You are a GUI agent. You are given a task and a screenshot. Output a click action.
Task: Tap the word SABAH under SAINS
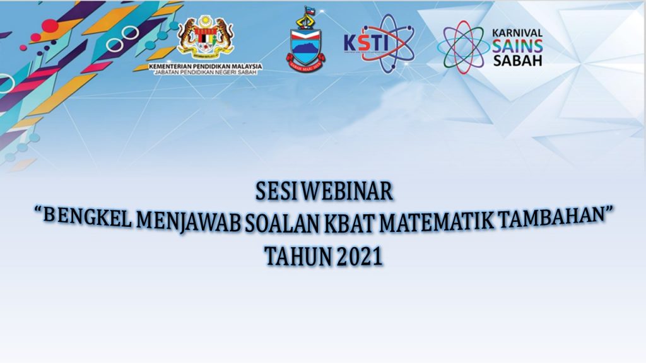tap(517, 61)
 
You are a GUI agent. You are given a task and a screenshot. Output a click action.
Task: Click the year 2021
tap(359, 257)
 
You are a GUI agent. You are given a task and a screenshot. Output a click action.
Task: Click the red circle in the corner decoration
tap(49, 26)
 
